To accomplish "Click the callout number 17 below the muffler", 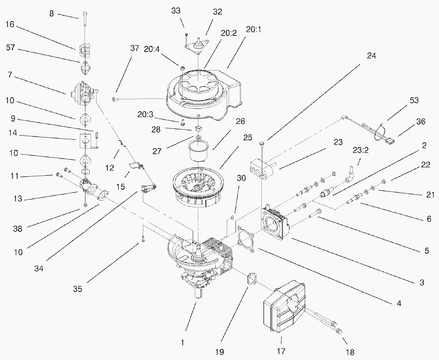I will click(x=281, y=351).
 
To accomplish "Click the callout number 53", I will click(x=414, y=100).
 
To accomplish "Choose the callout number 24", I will click(x=371, y=56).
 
